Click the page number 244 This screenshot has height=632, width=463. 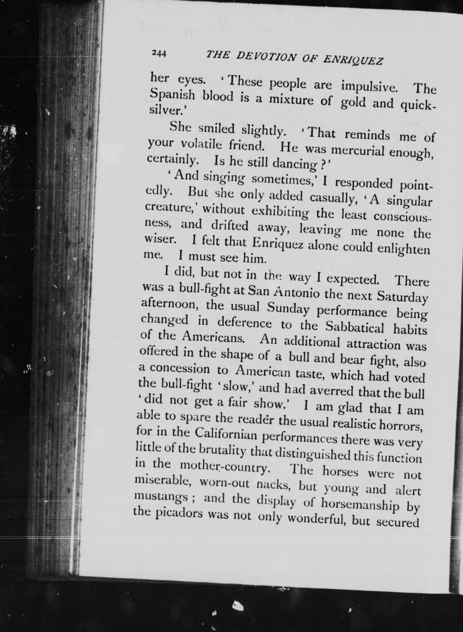tap(159, 53)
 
